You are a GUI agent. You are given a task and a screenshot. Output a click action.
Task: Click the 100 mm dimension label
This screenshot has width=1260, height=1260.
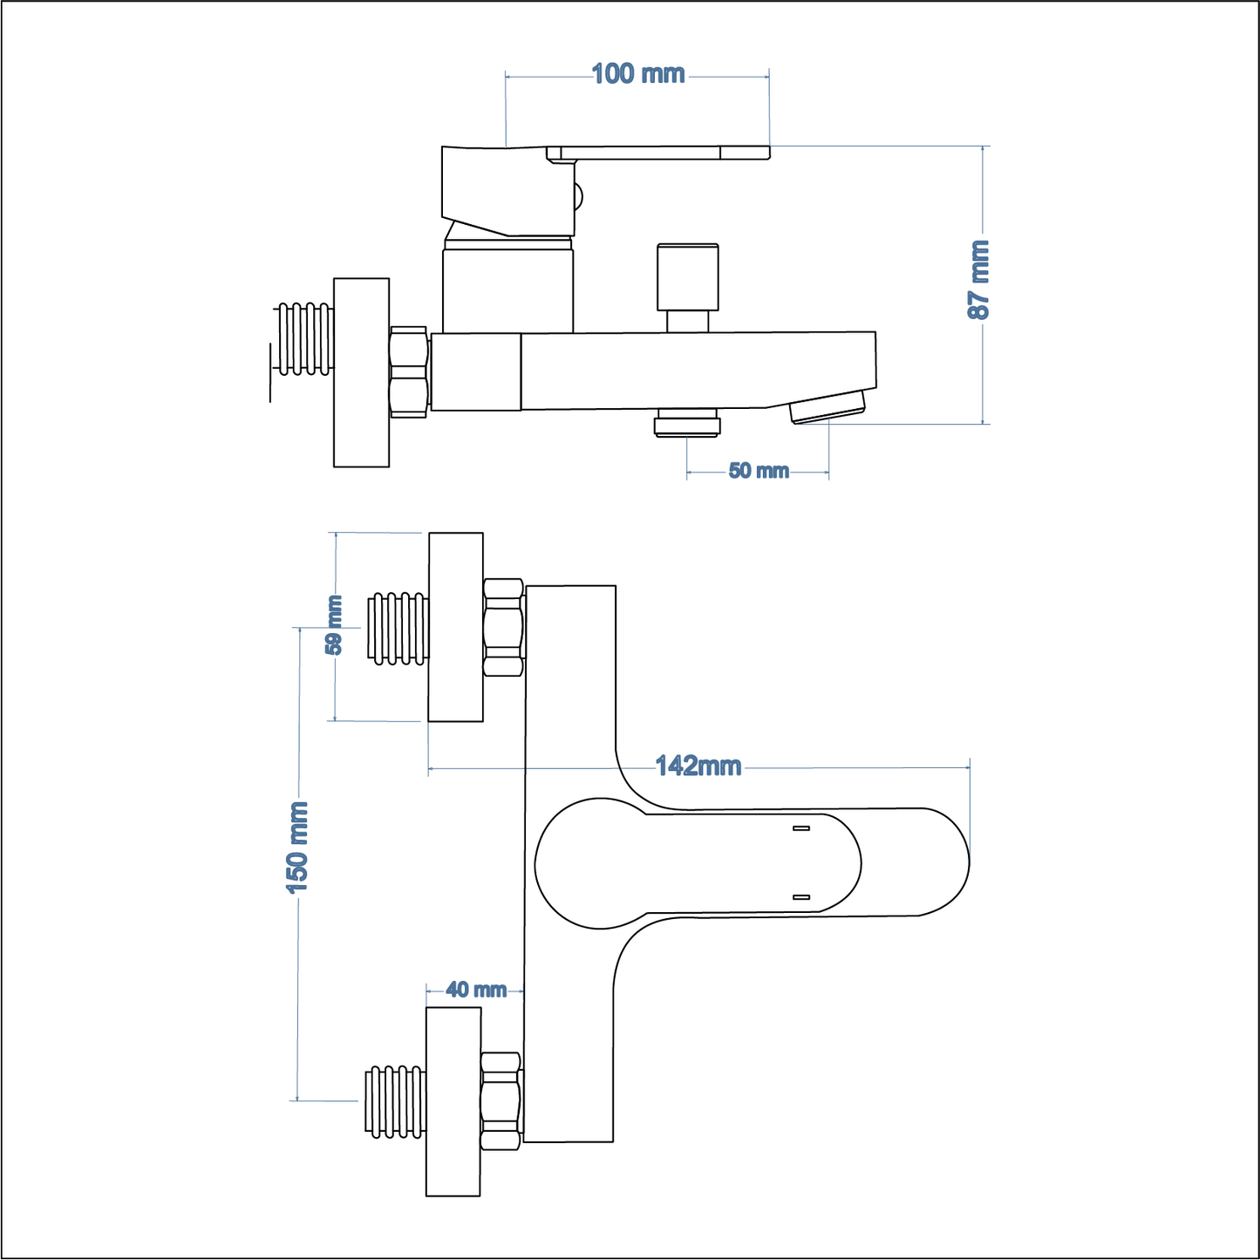coord(638,74)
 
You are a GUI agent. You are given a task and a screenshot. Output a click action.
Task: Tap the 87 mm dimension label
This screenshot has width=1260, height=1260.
coord(980,280)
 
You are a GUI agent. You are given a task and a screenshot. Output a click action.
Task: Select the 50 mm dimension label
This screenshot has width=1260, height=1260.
coord(759,471)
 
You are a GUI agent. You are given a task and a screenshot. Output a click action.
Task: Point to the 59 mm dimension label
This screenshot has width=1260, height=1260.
coord(334,624)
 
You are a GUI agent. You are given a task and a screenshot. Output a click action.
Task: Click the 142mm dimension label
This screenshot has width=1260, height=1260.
coord(698,766)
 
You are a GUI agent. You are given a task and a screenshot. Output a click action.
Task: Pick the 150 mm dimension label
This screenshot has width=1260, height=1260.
coord(298,847)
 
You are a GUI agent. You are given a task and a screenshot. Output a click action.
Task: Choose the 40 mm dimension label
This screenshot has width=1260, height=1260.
coord(476,990)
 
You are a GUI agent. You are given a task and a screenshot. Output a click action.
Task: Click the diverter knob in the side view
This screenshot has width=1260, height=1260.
coord(688,277)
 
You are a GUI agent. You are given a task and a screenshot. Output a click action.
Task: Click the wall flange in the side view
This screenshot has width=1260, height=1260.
coord(361,372)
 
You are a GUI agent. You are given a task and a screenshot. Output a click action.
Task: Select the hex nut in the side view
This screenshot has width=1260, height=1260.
coord(409,372)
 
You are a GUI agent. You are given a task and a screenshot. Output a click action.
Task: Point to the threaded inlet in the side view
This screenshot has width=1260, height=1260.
coord(304,339)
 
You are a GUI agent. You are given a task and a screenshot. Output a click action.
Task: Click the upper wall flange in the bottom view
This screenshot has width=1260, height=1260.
coord(455,627)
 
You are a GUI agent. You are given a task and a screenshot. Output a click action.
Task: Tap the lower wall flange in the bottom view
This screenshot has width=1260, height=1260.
coord(453,1101)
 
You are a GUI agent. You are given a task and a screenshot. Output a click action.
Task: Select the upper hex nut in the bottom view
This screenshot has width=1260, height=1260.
coord(503,627)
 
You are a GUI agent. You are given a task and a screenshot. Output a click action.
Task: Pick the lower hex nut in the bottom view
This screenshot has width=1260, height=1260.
coord(501,1101)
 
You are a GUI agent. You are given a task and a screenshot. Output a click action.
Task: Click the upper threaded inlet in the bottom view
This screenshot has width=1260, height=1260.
coord(399,628)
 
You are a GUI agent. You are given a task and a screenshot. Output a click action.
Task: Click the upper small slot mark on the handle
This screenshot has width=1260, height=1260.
coord(801,828)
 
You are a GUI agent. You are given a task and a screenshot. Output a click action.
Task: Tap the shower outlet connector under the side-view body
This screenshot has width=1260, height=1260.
coord(687,426)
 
